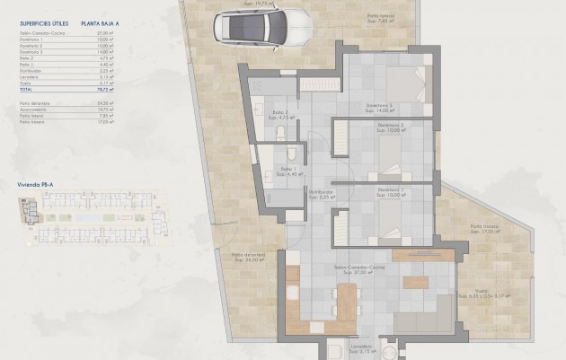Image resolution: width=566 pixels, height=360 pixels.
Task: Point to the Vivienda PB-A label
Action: tap(35, 182)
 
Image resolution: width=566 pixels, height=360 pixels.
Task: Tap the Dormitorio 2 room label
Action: tap(390, 125)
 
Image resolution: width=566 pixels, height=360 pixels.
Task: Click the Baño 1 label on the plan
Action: tap(288, 169)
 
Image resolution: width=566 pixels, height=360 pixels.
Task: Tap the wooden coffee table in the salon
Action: tap(416, 282)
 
